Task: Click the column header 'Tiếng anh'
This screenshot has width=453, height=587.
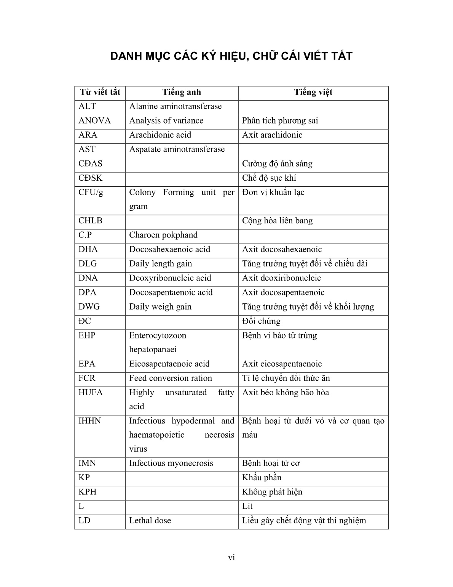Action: pos(182,92)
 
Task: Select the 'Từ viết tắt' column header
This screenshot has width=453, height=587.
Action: pos(100,92)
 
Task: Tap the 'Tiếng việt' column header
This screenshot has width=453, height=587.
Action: pos(313,92)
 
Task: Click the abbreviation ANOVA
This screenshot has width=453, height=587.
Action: pos(94,121)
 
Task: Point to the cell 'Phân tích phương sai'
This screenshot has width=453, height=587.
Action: pos(280,121)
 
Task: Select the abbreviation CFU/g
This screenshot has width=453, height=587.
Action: pos(91,192)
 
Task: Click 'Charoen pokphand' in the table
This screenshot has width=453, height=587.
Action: pos(163,235)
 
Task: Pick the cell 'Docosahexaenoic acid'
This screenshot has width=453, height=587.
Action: pos(169,250)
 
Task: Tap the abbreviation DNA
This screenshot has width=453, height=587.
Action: pos(88,278)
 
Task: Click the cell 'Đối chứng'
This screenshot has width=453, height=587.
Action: pos(261,321)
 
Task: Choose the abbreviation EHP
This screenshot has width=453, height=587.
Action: pos(87,336)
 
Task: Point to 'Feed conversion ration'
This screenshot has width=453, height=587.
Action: pos(170,379)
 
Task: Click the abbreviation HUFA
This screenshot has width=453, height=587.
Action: pos(91,393)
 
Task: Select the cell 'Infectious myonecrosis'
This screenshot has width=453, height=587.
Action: pos(171,464)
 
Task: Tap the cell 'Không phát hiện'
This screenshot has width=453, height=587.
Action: pos(272,492)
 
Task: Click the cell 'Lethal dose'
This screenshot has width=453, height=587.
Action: pos(150,521)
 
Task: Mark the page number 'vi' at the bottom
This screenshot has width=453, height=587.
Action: pos(231,558)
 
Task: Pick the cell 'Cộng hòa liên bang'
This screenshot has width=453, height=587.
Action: pos(277,221)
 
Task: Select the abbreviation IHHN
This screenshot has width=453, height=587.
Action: pos(89,421)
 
